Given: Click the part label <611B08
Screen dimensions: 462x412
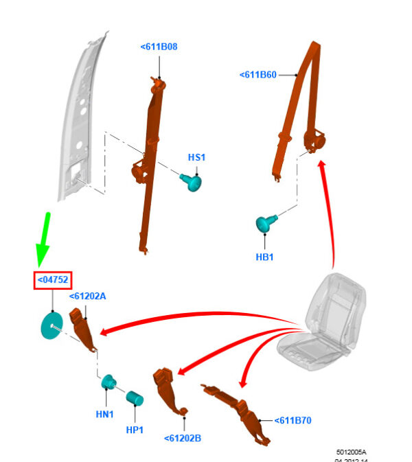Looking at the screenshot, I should [x=159, y=47].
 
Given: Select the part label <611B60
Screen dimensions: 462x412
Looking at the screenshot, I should [x=258, y=75].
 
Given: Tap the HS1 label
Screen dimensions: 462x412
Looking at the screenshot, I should [x=196, y=157].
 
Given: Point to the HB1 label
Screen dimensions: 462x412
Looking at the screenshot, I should [x=265, y=257].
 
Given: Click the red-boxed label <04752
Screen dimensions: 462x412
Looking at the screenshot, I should [x=54, y=280].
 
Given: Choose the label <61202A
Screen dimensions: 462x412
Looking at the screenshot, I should [x=87, y=296].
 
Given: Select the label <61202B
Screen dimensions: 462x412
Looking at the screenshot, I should [x=182, y=438].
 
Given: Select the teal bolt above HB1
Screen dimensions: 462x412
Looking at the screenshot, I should [x=265, y=224].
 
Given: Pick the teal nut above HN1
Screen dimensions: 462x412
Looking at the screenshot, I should [x=108, y=383].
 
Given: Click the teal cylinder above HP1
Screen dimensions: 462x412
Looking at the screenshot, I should [x=134, y=397].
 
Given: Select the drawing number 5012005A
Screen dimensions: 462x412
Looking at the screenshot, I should [x=351, y=452].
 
